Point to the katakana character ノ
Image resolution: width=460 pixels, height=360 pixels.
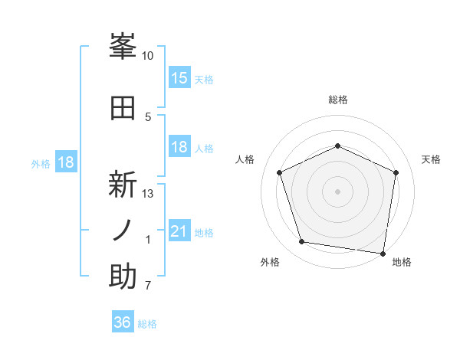point(123,231)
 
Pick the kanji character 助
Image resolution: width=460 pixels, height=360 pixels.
point(123,277)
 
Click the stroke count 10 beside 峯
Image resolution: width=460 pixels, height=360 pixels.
point(148,56)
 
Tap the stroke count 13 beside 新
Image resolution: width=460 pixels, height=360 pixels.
point(148,194)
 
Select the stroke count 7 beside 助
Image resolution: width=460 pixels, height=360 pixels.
point(148,286)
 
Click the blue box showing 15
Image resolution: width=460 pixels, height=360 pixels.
point(179,78)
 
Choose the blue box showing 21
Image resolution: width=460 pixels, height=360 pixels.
point(179,231)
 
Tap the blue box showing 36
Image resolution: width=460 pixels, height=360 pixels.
point(123,323)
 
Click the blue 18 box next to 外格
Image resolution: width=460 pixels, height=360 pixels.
point(66,162)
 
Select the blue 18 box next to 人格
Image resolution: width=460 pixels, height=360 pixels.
point(179,147)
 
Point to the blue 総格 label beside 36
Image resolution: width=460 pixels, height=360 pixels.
point(147,324)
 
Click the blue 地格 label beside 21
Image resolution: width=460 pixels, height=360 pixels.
point(204,232)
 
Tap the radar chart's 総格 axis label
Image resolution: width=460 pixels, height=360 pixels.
point(337,100)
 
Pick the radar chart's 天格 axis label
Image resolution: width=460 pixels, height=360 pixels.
point(432,159)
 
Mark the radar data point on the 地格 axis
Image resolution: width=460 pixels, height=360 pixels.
point(383,253)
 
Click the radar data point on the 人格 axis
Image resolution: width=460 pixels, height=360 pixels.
point(280,172)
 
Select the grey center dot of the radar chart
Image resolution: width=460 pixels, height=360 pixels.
point(337,191)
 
